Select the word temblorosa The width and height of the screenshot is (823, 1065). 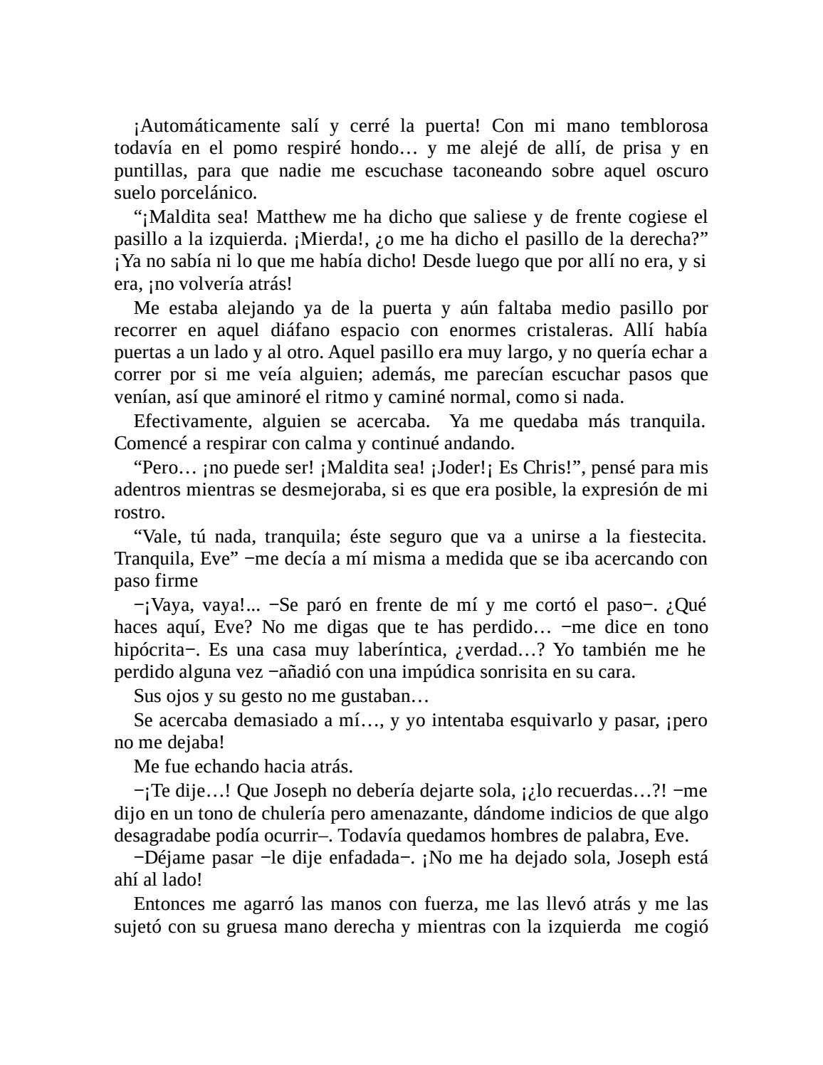[664, 127]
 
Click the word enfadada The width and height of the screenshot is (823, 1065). [362, 858]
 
